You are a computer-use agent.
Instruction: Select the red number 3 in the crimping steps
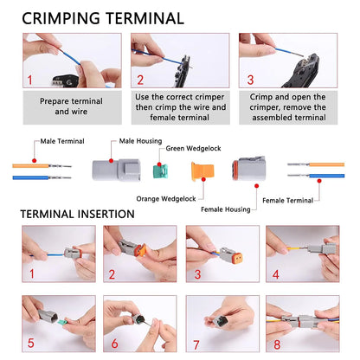pyautogui.click(x=250, y=80)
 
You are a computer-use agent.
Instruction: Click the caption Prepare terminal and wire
pyautogui.click(x=72, y=106)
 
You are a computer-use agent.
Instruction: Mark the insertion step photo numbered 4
pyautogui.click(x=302, y=251)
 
